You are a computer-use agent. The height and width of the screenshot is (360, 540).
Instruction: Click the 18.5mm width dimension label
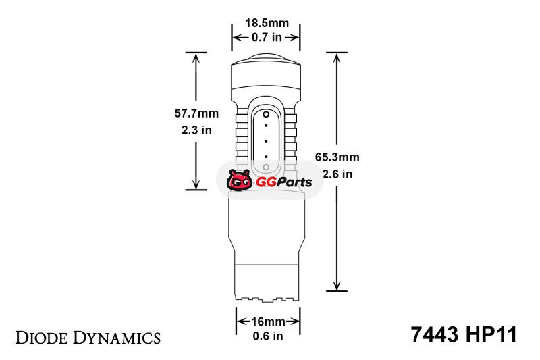(267, 23)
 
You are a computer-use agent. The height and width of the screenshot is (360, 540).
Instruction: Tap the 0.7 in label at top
(267, 37)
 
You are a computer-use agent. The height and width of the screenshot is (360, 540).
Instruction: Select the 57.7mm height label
(196, 113)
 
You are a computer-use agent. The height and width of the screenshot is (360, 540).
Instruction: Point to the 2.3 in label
(196, 130)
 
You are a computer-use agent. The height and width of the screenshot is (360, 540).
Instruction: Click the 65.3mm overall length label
(337, 157)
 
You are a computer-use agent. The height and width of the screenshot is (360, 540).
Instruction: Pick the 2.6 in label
(337, 174)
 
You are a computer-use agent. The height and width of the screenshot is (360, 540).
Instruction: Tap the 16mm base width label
(268, 322)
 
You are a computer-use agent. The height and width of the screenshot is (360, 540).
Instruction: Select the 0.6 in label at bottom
(268, 336)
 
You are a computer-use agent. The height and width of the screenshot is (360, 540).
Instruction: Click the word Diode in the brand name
(41, 338)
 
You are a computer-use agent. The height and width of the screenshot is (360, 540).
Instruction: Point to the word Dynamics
(116, 338)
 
